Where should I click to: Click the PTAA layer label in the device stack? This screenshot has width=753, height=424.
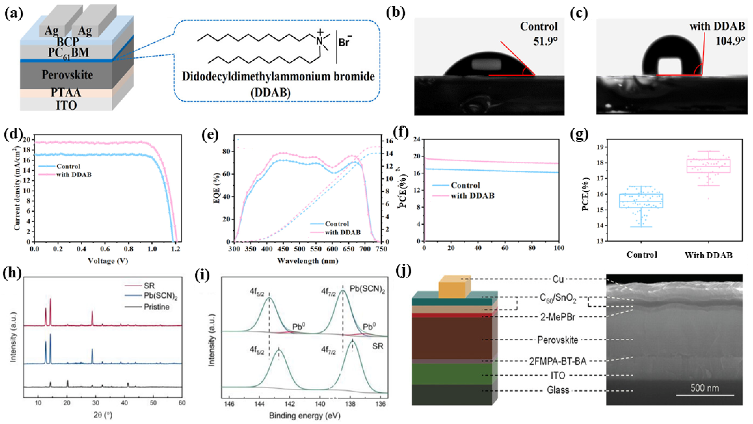click(66, 92)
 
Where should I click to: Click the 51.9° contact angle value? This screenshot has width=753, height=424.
click(545, 41)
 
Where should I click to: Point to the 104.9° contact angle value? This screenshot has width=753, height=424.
click(730, 41)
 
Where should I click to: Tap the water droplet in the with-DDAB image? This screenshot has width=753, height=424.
click(671, 57)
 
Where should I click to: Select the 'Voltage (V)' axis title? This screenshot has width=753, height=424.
click(108, 261)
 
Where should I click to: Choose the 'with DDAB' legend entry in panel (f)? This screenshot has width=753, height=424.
click(472, 196)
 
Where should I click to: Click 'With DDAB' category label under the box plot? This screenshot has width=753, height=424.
click(708, 255)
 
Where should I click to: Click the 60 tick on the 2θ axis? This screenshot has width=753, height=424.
click(182, 403)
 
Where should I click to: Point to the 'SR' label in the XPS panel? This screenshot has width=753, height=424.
click(377, 346)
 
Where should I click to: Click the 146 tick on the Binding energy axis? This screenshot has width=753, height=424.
click(229, 404)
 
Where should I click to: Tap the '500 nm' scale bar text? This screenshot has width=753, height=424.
click(705, 388)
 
